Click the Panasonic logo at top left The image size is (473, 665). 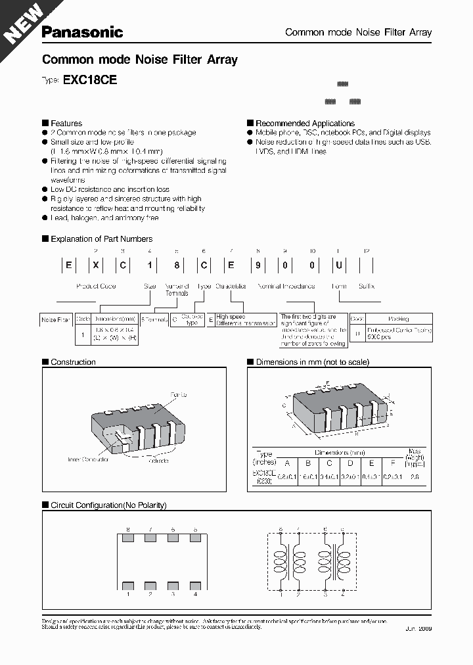point(82,32)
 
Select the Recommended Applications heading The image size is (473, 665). point(305,123)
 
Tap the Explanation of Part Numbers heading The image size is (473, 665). point(101,239)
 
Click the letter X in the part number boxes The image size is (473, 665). point(95,266)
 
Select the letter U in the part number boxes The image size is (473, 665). point(338,266)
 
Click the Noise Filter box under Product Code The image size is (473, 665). point(56,319)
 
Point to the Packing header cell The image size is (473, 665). point(398,319)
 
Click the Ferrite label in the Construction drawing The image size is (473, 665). point(179,394)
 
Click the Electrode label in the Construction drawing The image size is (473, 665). point(157,461)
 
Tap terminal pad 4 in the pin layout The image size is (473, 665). point(195,584)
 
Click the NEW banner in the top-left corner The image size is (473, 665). point(23,23)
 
